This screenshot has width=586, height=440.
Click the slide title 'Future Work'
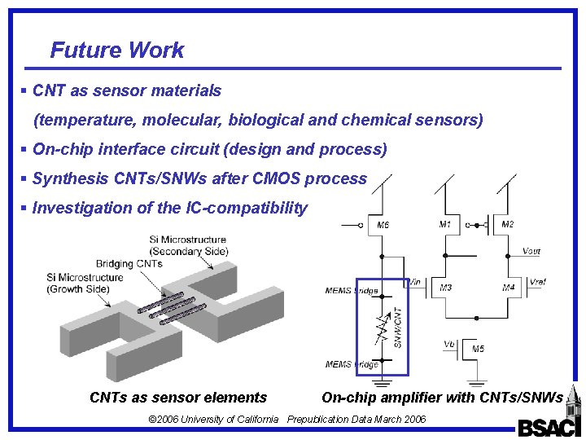(x=117, y=51)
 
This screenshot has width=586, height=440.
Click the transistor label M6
(x=383, y=226)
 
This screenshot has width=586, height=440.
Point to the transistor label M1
(x=444, y=224)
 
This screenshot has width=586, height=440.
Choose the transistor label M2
(x=507, y=224)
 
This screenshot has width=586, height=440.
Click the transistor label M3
(x=446, y=288)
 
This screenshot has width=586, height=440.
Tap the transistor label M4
(x=508, y=288)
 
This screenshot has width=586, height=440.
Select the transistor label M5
(x=479, y=349)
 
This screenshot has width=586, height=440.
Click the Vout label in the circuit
(x=531, y=252)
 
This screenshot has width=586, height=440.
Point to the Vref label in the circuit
(x=537, y=282)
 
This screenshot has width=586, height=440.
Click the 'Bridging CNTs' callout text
(x=129, y=264)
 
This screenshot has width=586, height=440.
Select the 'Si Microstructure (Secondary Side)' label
(x=188, y=245)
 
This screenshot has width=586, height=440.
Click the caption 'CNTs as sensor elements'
(x=178, y=398)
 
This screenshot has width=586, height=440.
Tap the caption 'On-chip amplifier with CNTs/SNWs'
(x=442, y=398)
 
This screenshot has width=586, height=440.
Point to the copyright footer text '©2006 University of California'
(x=213, y=420)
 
